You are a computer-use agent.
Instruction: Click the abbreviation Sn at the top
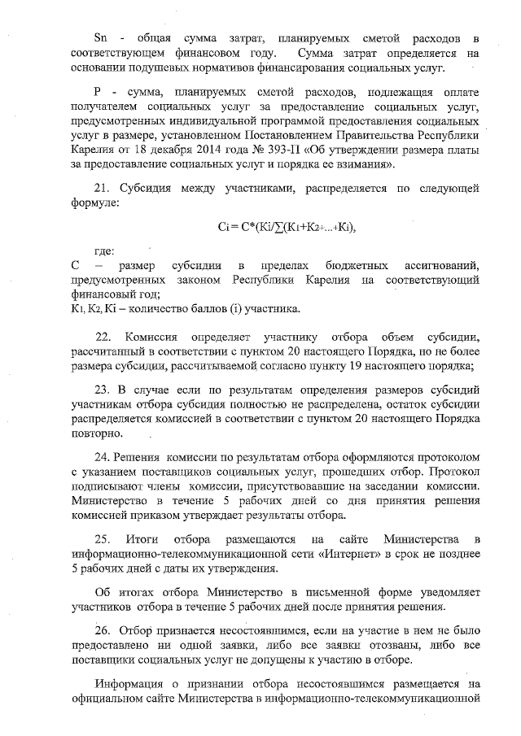pyautogui.click(x=101, y=38)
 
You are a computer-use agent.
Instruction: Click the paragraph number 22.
pyautogui.click(x=103, y=337)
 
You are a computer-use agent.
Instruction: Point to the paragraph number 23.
pyautogui.click(x=103, y=390)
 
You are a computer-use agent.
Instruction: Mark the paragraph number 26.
pyautogui.click(x=103, y=629)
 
